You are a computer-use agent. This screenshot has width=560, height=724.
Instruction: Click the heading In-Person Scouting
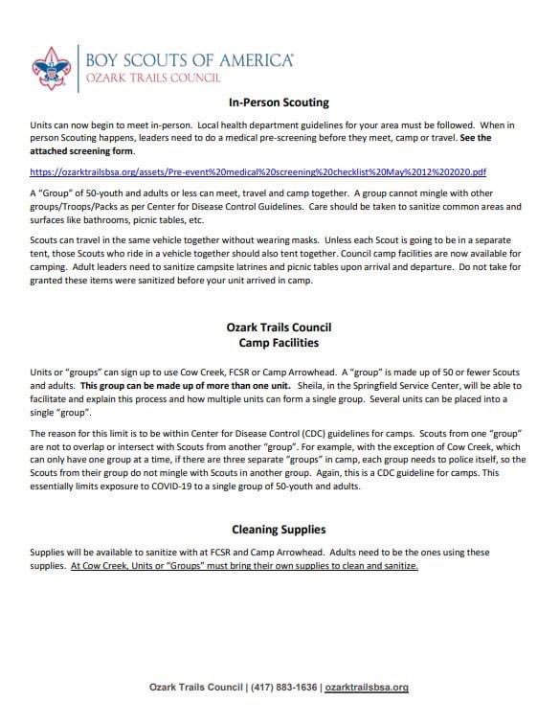[280, 102]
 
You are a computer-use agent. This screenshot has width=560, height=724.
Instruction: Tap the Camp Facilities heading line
[280, 341]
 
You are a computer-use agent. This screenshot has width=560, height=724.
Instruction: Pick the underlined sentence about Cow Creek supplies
[244, 565]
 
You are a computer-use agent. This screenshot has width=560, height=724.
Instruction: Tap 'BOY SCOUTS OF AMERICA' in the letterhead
[190, 60]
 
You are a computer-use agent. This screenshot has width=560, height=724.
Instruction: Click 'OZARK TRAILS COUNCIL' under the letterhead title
[154, 77]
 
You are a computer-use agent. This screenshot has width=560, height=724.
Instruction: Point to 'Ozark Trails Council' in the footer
[194, 687]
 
